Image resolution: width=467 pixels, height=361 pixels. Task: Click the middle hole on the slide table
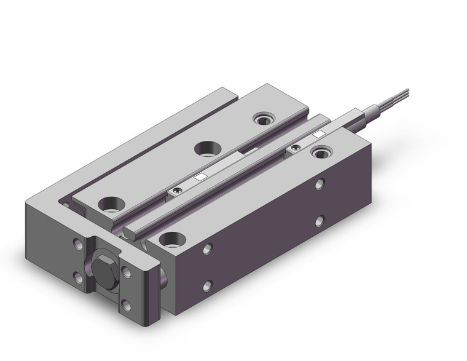pos(203,149)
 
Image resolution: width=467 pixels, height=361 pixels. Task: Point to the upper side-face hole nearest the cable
pos(321,184)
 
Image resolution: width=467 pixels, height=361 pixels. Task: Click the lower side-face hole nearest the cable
pos(320,219)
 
